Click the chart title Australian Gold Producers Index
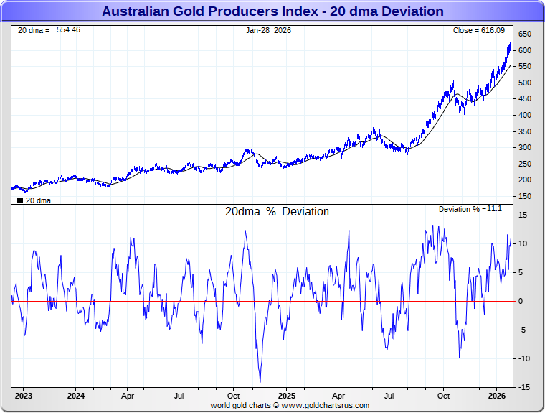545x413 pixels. (x=272, y=11)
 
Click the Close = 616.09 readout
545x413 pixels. (x=479, y=30)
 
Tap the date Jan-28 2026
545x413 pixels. (x=269, y=30)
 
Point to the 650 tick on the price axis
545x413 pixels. (x=525, y=34)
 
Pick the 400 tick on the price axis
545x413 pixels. (x=525, y=115)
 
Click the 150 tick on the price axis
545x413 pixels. (x=525, y=196)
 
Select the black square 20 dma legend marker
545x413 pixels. (x=19, y=200)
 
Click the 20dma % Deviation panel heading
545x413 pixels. (x=277, y=212)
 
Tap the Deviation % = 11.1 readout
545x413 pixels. (x=470, y=209)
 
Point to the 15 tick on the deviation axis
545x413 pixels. (x=523, y=215)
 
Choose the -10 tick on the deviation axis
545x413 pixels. (x=523, y=358)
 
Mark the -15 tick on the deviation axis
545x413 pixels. (x=523, y=387)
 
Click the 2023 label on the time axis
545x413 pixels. (x=24, y=396)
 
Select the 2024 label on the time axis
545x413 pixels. (x=76, y=396)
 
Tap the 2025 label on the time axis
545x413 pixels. (x=286, y=396)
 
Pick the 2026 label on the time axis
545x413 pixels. (x=496, y=396)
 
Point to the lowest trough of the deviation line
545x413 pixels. (x=260, y=382)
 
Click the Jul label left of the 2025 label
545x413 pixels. (x=179, y=396)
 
